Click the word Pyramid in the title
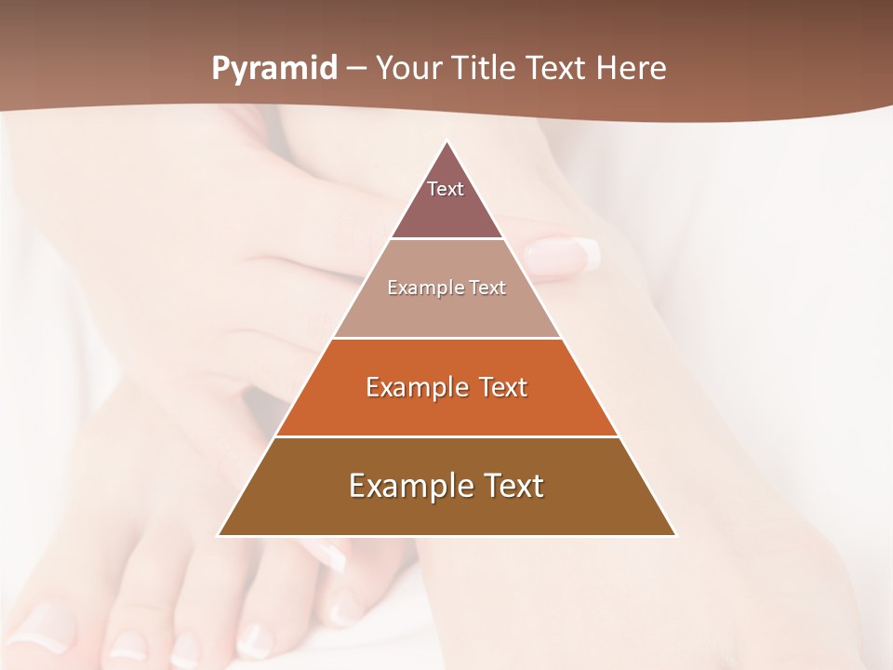274,69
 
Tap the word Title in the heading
486,69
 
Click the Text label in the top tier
446,189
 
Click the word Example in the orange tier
414,387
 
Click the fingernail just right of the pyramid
563,254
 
